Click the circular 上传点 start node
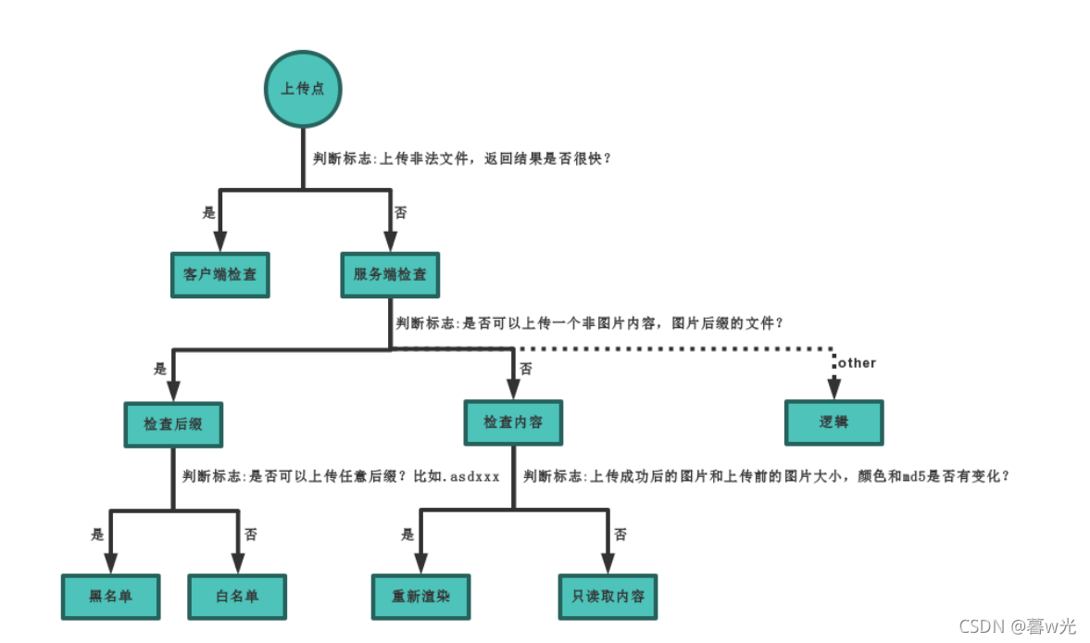click(x=304, y=89)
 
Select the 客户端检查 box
click(x=220, y=275)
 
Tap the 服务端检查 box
click(x=390, y=275)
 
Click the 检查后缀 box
click(x=173, y=423)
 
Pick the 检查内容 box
click(x=513, y=422)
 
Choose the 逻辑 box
click(x=833, y=422)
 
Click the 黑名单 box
click(x=110, y=596)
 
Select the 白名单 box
click(x=237, y=596)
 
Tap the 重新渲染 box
click(x=420, y=596)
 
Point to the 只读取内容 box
click(x=608, y=596)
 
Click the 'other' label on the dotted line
click(x=857, y=363)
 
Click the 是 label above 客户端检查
click(x=208, y=212)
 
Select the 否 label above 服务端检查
click(x=401, y=212)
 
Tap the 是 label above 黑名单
click(x=97, y=535)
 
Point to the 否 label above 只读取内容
click(x=620, y=535)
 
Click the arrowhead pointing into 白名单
click(x=237, y=563)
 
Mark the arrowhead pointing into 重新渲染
click(x=421, y=563)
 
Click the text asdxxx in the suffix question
click(x=476, y=477)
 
